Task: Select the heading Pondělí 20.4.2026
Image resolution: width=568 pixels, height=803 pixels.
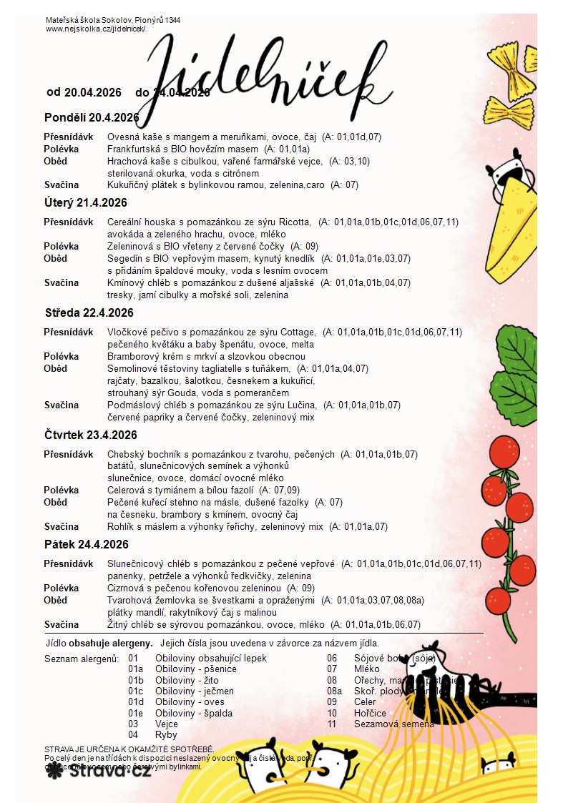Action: point(92,117)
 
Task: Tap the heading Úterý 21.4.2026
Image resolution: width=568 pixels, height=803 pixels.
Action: point(86,203)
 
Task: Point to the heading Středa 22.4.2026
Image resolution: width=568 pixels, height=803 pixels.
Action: point(89,313)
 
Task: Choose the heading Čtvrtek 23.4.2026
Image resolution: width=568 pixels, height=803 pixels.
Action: point(90,435)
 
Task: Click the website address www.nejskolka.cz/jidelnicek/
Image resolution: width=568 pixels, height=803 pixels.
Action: point(95,29)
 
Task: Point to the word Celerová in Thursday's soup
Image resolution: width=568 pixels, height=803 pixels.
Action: point(127,491)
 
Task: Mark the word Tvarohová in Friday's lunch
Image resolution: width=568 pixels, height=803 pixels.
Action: point(131,601)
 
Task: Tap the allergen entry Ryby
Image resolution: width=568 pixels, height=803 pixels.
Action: point(166,735)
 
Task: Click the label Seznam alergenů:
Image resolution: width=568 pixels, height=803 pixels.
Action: point(81,659)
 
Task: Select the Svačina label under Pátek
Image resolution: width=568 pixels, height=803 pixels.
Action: point(62,625)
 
